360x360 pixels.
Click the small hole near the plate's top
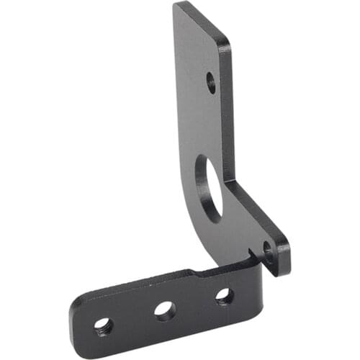[210, 81]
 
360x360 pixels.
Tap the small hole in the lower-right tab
[268, 251]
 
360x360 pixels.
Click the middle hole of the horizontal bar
[165, 310]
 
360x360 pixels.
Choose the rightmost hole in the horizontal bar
[224, 295]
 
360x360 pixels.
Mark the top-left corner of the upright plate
[176, 6]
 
